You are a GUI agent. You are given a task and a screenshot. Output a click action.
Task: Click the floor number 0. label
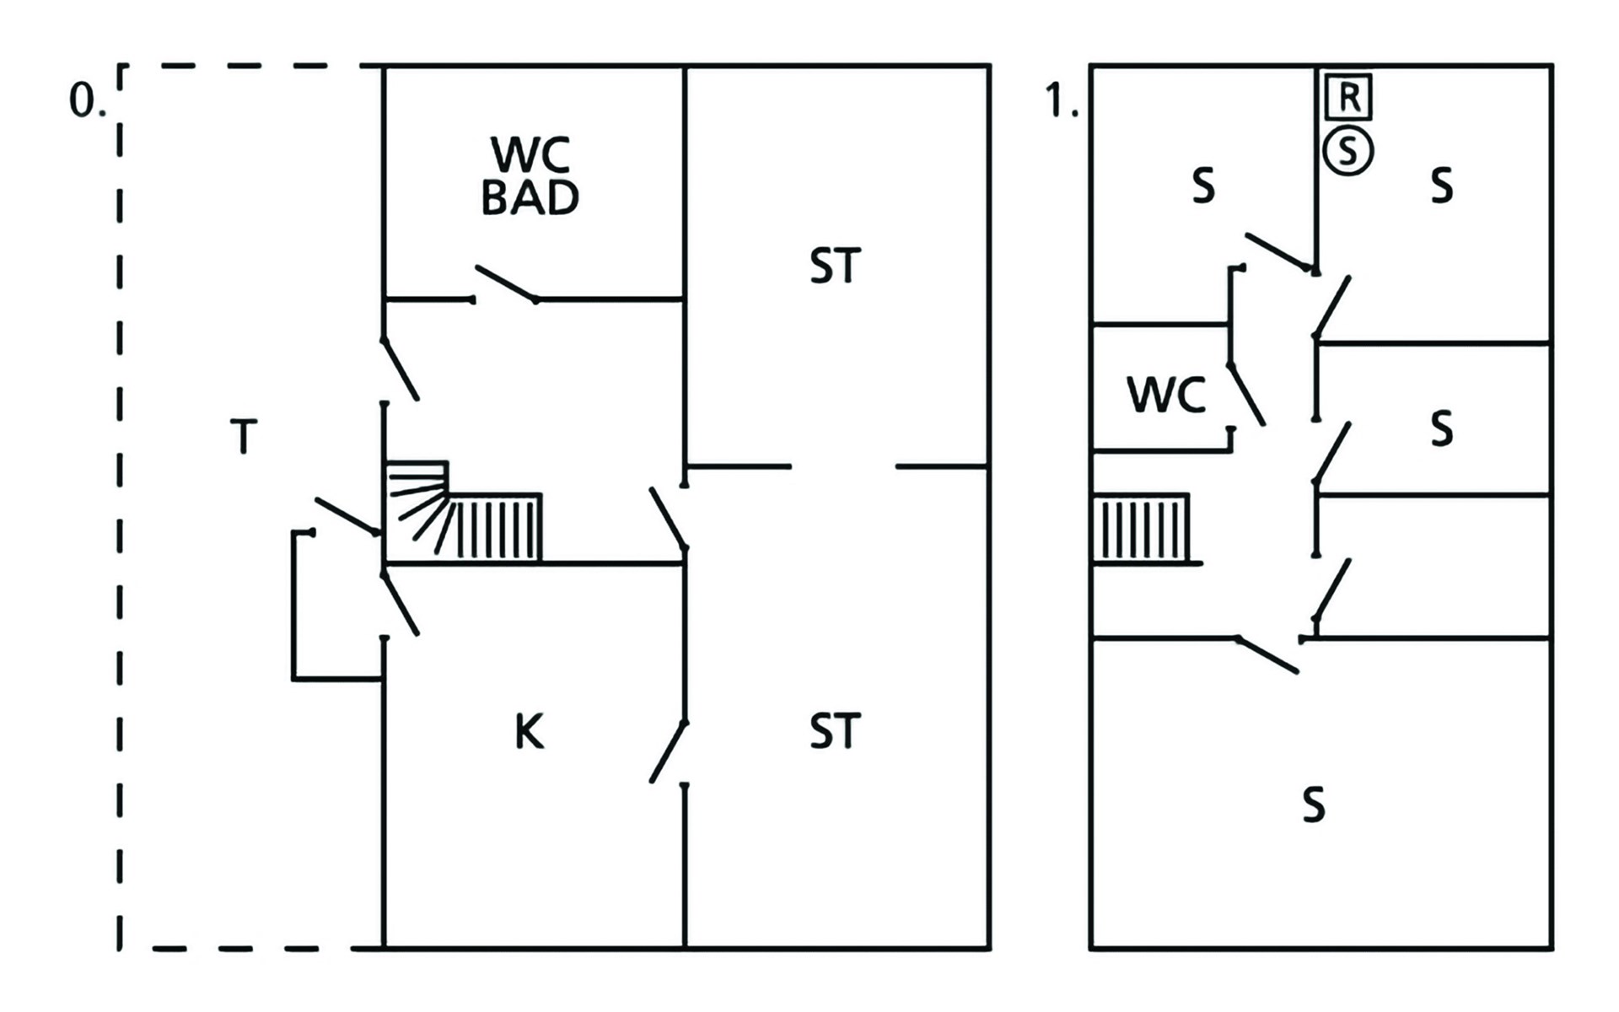pos(86,102)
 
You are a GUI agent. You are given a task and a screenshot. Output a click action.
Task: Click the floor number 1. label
pos(1061,102)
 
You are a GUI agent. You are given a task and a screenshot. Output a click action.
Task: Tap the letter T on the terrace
pos(244,437)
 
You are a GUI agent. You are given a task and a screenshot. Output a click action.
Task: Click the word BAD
pos(530,197)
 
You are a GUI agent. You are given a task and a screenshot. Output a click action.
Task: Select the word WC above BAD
pos(530,153)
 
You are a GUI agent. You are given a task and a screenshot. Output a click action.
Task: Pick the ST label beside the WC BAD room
pos(835,266)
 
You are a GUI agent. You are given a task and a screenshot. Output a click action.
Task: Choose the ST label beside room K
pos(835,731)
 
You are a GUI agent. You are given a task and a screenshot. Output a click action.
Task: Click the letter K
pos(529,732)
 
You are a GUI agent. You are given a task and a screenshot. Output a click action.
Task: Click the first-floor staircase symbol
pos(1142,529)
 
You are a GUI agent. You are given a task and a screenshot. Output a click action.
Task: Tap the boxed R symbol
pos(1347,97)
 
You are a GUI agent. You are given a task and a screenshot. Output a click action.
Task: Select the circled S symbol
pos(1347,152)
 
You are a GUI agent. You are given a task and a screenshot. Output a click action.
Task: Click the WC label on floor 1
pos(1166,395)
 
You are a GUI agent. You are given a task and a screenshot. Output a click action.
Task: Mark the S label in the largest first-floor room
pos(1313,805)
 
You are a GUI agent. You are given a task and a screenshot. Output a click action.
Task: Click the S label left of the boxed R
pos(1203,186)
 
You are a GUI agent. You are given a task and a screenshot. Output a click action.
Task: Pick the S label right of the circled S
pos(1442,186)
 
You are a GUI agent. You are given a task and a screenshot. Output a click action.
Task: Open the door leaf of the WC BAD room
pos(506,283)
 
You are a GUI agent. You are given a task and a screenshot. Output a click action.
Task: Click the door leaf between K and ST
pos(669,752)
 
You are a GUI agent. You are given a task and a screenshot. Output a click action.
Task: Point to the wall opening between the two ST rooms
pos(843,466)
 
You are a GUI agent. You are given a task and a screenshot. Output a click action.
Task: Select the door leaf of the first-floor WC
pos(1247,394)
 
